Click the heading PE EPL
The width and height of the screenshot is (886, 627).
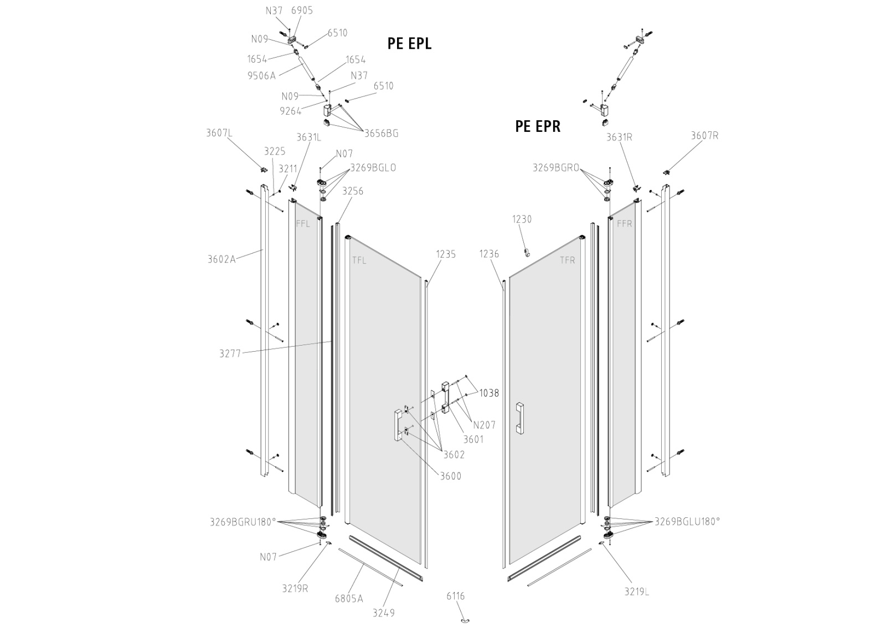click(x=409, y=44)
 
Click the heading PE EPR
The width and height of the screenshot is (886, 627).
click(x=538, y=126)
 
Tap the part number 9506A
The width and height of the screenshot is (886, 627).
click(x=261, y=75)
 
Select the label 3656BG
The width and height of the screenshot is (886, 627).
click(x=382, y=133)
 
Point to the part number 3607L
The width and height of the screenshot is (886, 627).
click(x=219, y=133)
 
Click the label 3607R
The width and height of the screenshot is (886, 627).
click(x=704, y=136)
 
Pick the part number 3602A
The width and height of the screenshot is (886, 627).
click(x=221, y=259)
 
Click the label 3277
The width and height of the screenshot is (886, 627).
click(x=230, y=353)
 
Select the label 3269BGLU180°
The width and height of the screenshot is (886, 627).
click(x=687, y=522)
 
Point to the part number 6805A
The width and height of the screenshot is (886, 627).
click(x=349, y=599)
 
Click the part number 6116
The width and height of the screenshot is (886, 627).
click(x=456, y=596)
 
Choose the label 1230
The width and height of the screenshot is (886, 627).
click(x=522, y=219)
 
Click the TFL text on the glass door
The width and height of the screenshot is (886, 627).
click(x=359, y=260)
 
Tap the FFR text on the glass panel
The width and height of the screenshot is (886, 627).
click(x=625, y=224)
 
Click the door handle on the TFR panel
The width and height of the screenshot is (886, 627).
click(x=520, y=419)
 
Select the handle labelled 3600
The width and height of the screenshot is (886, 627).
click(x=398, y=425)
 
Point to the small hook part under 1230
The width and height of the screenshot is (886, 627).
click(x=526, y=252)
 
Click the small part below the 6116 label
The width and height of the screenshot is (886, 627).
click(x=465, y=620)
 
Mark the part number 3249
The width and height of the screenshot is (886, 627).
click(x=384, y=613)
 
